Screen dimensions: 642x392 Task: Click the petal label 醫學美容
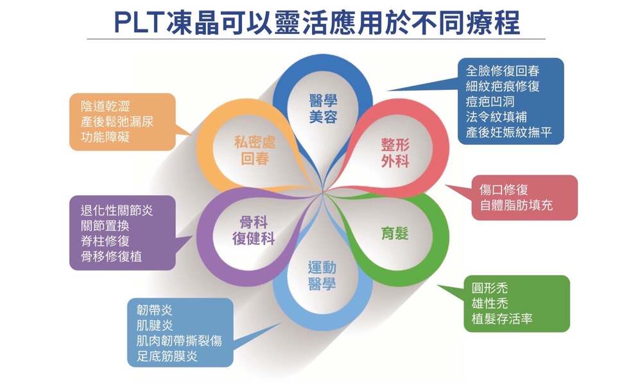[x=323, y=109]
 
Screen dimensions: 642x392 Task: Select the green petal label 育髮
[x=395, y=234]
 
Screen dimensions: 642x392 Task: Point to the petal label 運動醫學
[x=322, y=276]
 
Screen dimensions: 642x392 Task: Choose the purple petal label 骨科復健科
[x=254, y=230]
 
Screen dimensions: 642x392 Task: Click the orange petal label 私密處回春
[x=255, y=150]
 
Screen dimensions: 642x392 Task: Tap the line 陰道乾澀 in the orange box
[x=105, y=106]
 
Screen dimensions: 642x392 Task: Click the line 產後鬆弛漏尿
[x=117, y=121]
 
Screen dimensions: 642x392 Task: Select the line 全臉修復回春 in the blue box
[x=503, y=71]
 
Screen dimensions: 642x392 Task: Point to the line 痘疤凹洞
[x=490, y=101]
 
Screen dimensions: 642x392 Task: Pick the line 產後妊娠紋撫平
[x=508, y=132]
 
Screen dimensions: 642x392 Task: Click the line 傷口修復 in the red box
[x=503, y=189]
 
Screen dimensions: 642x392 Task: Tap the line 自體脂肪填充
[x=516, y=205]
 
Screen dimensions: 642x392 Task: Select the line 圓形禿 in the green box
[x=490, y=288]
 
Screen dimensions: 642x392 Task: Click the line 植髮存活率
[x=502, y=319]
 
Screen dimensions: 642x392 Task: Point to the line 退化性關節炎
[x=117, y=210]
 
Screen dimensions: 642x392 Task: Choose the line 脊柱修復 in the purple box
[x=105, y=241]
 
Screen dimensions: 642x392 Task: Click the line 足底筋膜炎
[x=167, y=356]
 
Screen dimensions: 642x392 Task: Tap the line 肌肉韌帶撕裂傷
[x=179, y=341]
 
